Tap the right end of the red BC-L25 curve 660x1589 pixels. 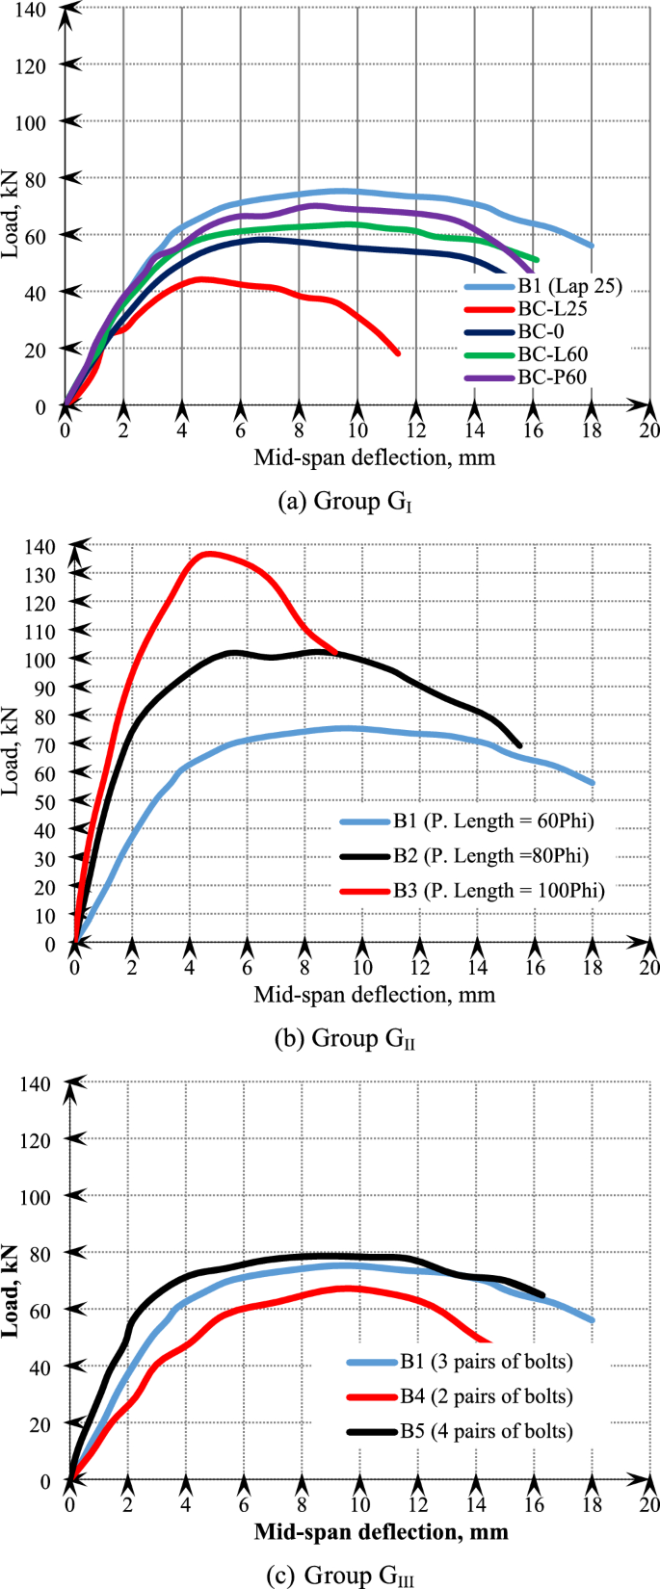click(x=397, y=353)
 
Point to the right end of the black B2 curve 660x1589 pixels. click(x=520, y=745)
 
